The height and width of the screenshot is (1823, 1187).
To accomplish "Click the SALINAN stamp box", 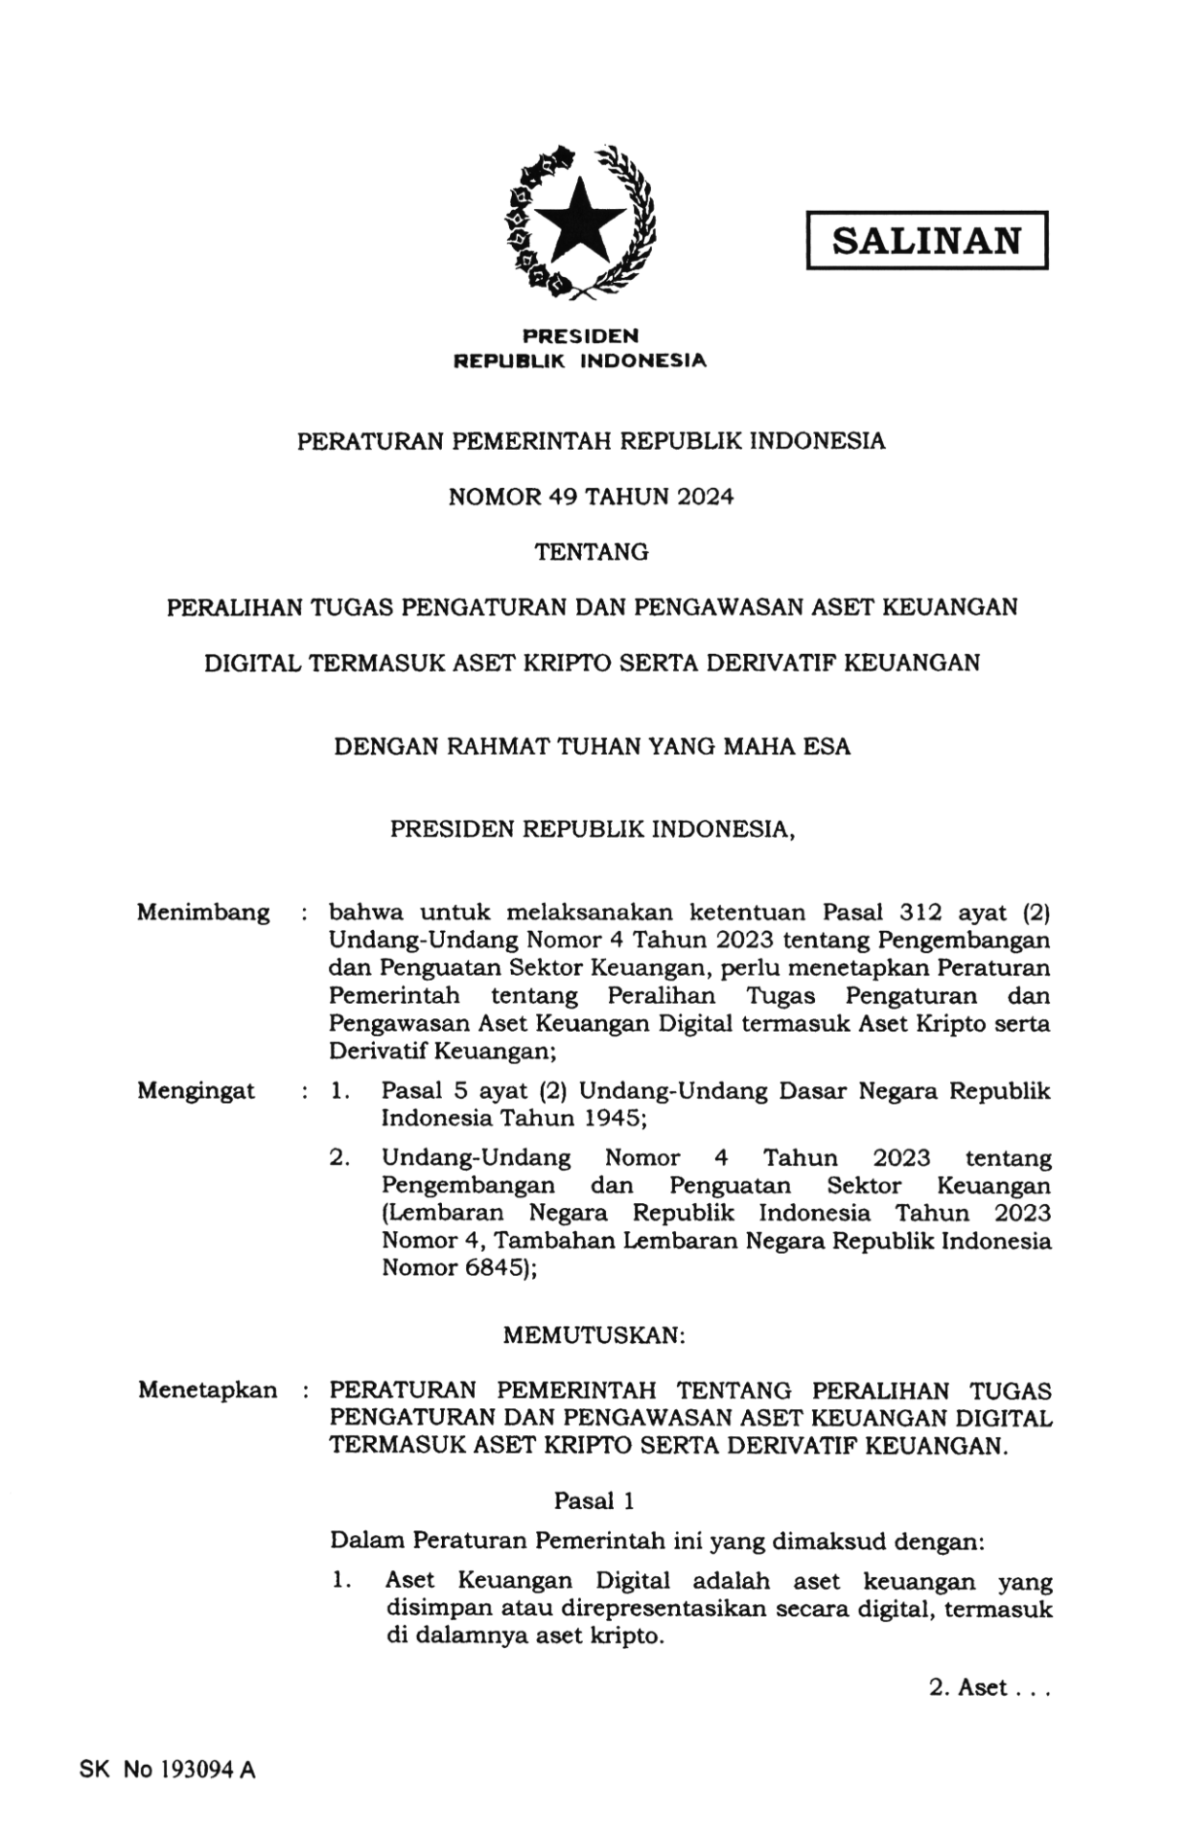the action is [x=927, y=240].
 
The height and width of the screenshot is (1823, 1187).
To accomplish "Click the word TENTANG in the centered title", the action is [x=592, y=552].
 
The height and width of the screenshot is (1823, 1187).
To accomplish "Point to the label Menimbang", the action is [x=203, y=912].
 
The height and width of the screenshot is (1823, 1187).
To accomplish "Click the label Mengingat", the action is [x=196, y=1090].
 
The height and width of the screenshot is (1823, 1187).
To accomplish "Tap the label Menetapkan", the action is [x=207, y=1390].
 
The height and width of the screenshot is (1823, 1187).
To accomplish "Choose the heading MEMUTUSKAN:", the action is [x=593, y=1335].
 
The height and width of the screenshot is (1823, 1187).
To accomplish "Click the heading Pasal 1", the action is [x=593, y=1501].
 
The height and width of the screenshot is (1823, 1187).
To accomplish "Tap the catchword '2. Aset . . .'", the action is [x=989, y=1688].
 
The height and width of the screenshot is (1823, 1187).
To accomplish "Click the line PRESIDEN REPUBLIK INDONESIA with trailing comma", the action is [x=593, y=830].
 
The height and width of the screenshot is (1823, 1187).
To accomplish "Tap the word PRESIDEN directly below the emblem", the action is [x=581, y=336].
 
